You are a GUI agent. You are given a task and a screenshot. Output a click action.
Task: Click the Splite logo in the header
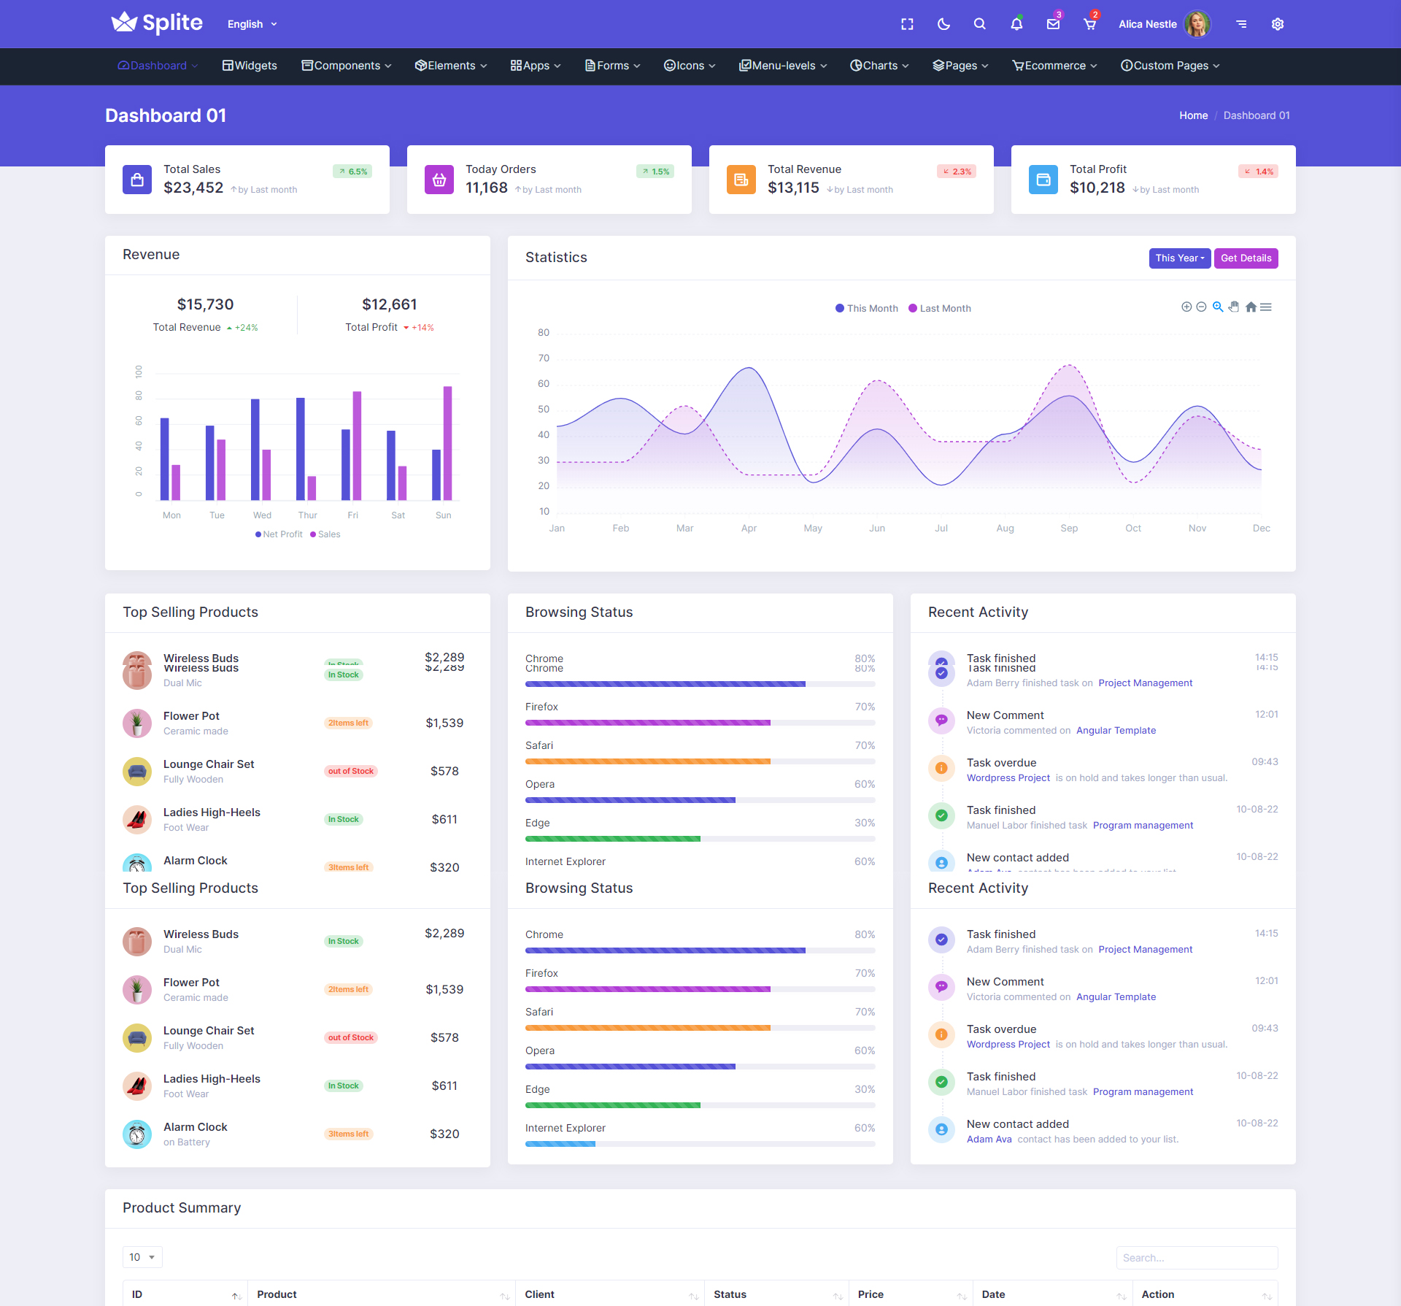tap(157, 23)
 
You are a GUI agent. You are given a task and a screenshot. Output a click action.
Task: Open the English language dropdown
tap(252, 24)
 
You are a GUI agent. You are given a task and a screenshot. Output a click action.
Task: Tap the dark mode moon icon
tap(943, 24)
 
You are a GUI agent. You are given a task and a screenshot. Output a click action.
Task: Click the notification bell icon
tap(1016, 24)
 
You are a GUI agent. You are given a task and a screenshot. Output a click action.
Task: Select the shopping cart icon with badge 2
tap(1089, 24)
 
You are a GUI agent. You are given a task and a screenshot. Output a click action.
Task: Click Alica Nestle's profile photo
tap(1197, 24)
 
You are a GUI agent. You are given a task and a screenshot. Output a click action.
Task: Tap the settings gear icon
tap(1278, 24)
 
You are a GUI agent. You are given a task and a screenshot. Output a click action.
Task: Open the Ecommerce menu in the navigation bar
tap(1054, 66)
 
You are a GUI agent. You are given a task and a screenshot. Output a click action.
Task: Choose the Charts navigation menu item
tap(879, 66)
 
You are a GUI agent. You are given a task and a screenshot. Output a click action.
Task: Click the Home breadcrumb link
tap(1193, 115)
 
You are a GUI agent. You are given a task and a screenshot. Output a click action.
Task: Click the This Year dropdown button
tap(1179, 258)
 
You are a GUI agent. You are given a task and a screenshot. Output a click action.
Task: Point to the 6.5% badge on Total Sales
tap(353, 172)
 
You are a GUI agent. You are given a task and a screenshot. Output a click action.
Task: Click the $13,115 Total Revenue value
tap(793, 188)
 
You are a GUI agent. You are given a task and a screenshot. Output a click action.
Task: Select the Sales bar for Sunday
tap(447, 442)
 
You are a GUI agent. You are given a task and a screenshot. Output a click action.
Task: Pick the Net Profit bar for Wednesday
tap(255, 449)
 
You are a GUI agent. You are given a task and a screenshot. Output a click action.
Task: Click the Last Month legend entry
tap(940, 308)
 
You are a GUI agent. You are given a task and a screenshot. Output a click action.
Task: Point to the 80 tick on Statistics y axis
tap(544, 332)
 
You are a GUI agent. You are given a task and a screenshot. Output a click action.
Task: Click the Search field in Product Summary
tap(1197, 1257)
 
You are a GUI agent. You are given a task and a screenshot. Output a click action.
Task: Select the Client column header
tap(540, 1294)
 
